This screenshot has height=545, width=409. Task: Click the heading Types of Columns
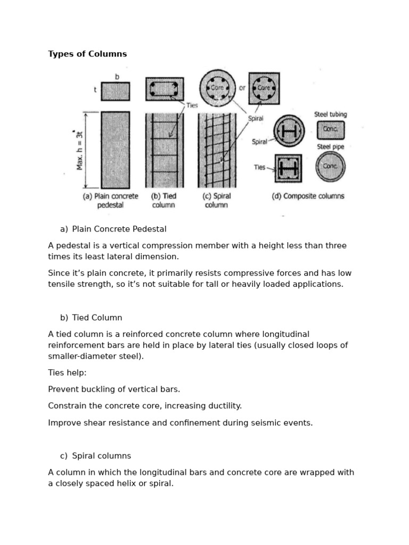pos(87,54)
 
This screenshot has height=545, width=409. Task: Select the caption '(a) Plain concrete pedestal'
pos(111,200)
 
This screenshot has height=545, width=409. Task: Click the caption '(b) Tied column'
pos(163,200)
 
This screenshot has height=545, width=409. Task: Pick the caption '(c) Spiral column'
pos(216,200)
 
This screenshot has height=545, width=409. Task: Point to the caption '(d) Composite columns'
pos(308,196)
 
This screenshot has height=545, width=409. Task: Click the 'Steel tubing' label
pos(330,114)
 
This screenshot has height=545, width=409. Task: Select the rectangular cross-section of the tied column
pos(165,89)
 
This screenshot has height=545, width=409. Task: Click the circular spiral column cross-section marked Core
pos(217,87)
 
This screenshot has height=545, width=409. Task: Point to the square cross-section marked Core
pos(264,88)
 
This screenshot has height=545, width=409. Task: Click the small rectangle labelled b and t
pos(115,91)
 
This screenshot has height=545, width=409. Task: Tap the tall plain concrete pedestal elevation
pos(115,149)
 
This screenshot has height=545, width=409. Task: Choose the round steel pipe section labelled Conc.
pos(330,166)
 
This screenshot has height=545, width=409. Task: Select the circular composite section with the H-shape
pos(289,131)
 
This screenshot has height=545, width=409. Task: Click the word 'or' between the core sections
pos(242,88)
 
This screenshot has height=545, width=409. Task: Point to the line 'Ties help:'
pos(67,373)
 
